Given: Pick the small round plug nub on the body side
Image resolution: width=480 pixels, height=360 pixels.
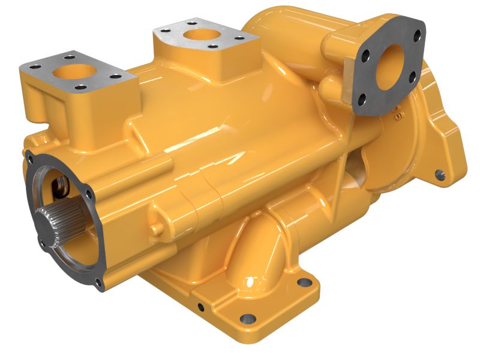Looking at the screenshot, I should click(x=157, y=229).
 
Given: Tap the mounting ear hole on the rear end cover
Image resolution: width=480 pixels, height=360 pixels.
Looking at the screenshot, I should click(x=439, y=175).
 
